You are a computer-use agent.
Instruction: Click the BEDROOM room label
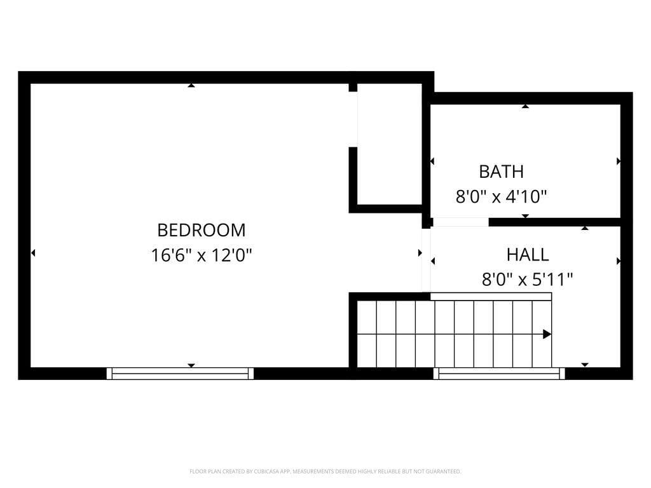tap(201, 229)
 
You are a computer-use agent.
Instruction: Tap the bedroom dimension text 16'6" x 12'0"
tap(202, 255)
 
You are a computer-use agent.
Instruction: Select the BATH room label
tap(501, 172)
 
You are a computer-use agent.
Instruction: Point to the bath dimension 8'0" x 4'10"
tap(501, 197)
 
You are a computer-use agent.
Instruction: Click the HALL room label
tap(527, 255)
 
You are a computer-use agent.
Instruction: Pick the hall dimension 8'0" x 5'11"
tap(527, 280)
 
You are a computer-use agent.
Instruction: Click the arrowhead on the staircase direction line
tap(547, 334)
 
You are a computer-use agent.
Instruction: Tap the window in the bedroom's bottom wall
tap(180, 374)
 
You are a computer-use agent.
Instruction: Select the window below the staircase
tap(499, 374)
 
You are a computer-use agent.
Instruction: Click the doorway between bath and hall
tap(460, 222)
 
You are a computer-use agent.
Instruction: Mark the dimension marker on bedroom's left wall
tap(33, 253)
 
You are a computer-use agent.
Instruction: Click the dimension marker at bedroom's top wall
tap(191, 85)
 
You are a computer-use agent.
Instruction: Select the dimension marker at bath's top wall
tap(525, 106)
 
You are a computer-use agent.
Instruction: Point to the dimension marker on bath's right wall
tap(618, 161)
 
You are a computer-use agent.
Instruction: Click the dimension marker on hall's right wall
tap(618, 261)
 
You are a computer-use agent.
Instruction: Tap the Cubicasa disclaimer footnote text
tap(325, 471)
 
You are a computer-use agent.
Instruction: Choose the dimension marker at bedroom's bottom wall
tap(191, 365)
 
